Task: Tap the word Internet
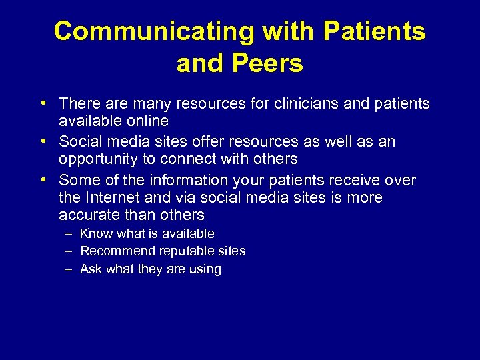pyautogui.click(x=113, y=198)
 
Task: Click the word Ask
pyautogui.click(x=90, y=269)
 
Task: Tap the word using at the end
pyautogui.click(x=205, y=269)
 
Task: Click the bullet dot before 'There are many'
pyautogui.click(x=42, y=104)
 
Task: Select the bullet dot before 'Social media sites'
pyautogui.click(x=42, y=141)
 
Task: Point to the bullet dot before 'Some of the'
pyautogui.click(x=42, y=180)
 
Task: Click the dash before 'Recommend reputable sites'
pyautogui.click(x=69, y=251)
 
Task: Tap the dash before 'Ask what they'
pyautogui.click(x=69, y=269)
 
